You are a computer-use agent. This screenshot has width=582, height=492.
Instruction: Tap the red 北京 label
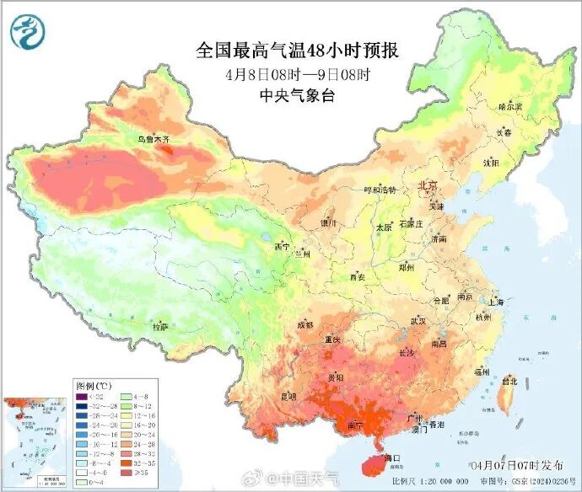428,184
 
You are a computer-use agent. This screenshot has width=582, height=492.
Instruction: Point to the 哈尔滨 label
510,107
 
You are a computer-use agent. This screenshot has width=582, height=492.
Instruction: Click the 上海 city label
495,302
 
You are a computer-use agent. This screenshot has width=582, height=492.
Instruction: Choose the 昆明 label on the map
288,395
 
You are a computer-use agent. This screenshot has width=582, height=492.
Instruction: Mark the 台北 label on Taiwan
509,381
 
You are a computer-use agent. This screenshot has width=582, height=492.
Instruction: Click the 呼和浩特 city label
379,190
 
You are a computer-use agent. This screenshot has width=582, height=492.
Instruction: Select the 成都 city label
304,324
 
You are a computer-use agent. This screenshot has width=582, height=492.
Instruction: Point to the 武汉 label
419,321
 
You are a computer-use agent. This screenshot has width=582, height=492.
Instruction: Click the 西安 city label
357,276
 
